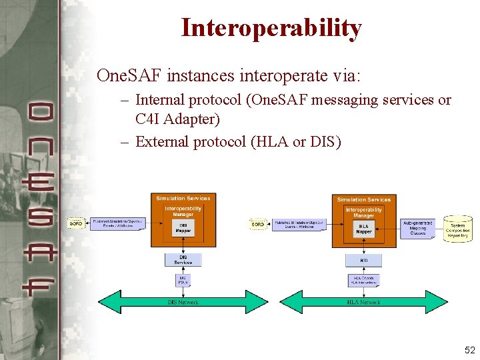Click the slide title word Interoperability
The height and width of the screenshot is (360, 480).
coord(271,28)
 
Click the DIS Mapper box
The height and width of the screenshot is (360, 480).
coord(183,228)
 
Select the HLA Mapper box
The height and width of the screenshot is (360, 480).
coord(363,229)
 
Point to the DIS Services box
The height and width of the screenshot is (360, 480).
coord(183,259)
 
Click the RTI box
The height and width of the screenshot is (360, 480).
coord(363,260)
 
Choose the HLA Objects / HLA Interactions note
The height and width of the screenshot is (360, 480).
coord(363,281)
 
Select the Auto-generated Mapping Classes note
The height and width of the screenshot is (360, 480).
coord(418,228)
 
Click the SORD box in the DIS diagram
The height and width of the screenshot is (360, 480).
coord(77,224)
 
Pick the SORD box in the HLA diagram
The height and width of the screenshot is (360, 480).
coord(258,225)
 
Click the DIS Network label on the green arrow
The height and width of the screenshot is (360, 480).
coord(183,302)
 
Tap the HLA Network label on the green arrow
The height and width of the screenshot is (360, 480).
coord(363,302)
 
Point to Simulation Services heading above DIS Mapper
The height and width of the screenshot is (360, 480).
coord(183,198)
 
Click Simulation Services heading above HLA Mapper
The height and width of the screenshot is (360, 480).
coord(363,199)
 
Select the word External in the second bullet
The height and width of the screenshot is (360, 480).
coord(163,142)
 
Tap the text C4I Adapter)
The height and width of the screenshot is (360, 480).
coord(177,120)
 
